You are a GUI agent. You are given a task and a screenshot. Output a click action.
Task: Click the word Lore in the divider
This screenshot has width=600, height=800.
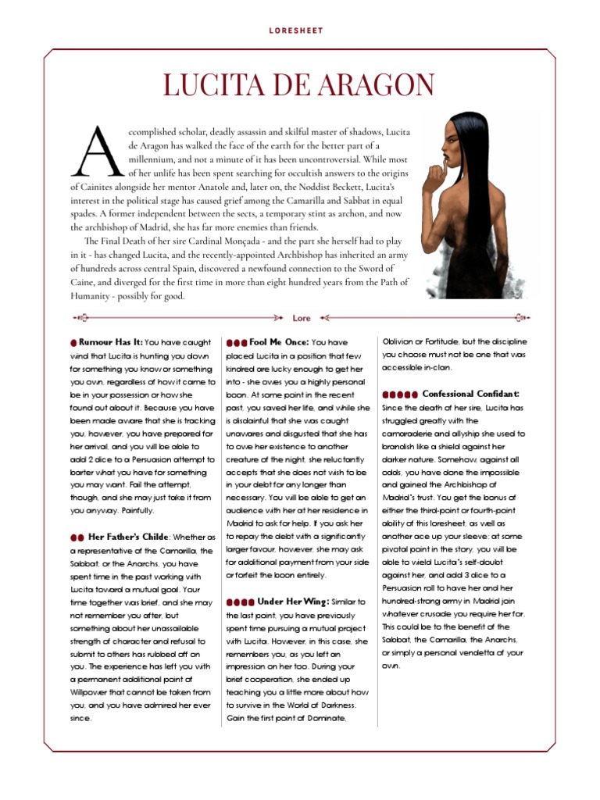[x=302, y=319]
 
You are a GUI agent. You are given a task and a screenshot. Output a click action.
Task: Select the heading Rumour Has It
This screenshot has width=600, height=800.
[x=111, y=342]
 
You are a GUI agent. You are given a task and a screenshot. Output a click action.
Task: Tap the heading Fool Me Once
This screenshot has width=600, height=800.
[x=278, y=342]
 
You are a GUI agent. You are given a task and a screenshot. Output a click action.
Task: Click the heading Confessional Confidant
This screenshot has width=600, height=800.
[x=470, y=394]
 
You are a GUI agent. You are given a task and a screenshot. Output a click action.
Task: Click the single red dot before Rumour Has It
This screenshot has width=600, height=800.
[x=73, y=343]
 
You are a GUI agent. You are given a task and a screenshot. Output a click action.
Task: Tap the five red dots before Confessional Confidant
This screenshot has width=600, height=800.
[x=399, y=395]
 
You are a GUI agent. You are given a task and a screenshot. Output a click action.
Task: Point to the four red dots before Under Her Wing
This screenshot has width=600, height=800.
[x=240, y=602]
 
